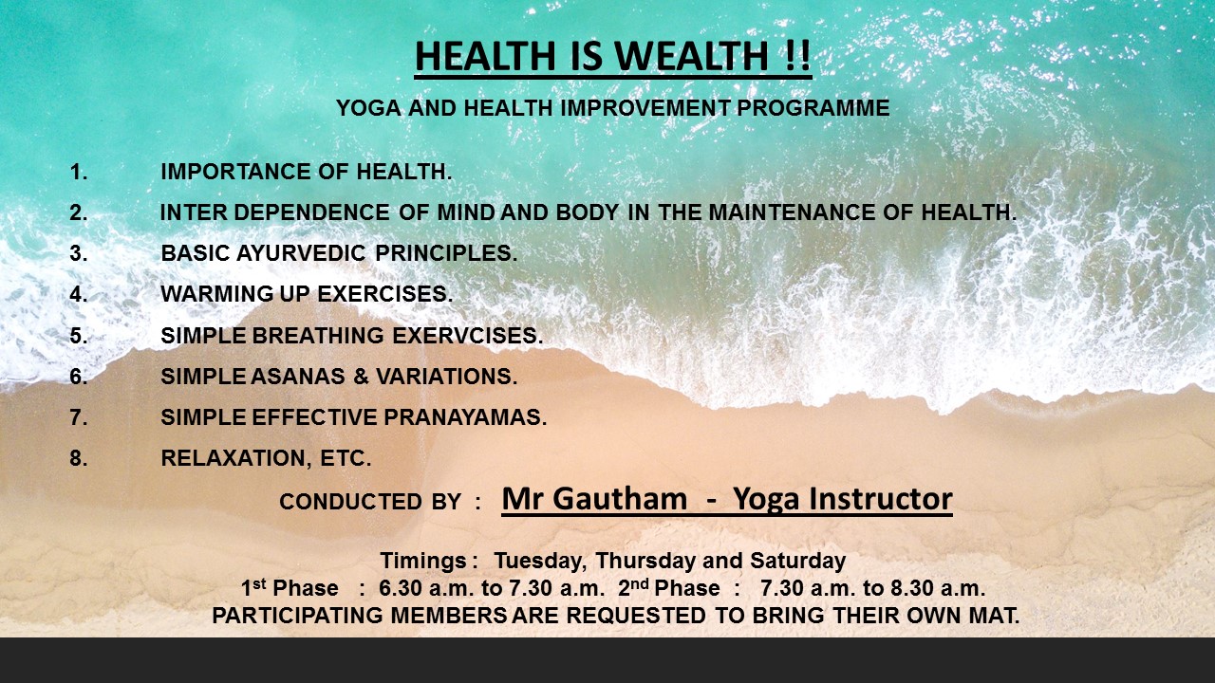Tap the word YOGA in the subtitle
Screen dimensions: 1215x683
point(368,108)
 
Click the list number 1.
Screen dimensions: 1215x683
point(78,172)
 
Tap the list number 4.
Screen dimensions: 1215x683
point(78,294)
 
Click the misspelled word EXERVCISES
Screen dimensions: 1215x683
point(468,336)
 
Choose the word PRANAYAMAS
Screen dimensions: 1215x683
point(465,417)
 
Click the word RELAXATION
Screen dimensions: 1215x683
point(236,458)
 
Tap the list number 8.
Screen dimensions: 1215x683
point(78,458)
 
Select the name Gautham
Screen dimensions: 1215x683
point(620,499)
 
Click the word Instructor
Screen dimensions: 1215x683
point(880,499)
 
